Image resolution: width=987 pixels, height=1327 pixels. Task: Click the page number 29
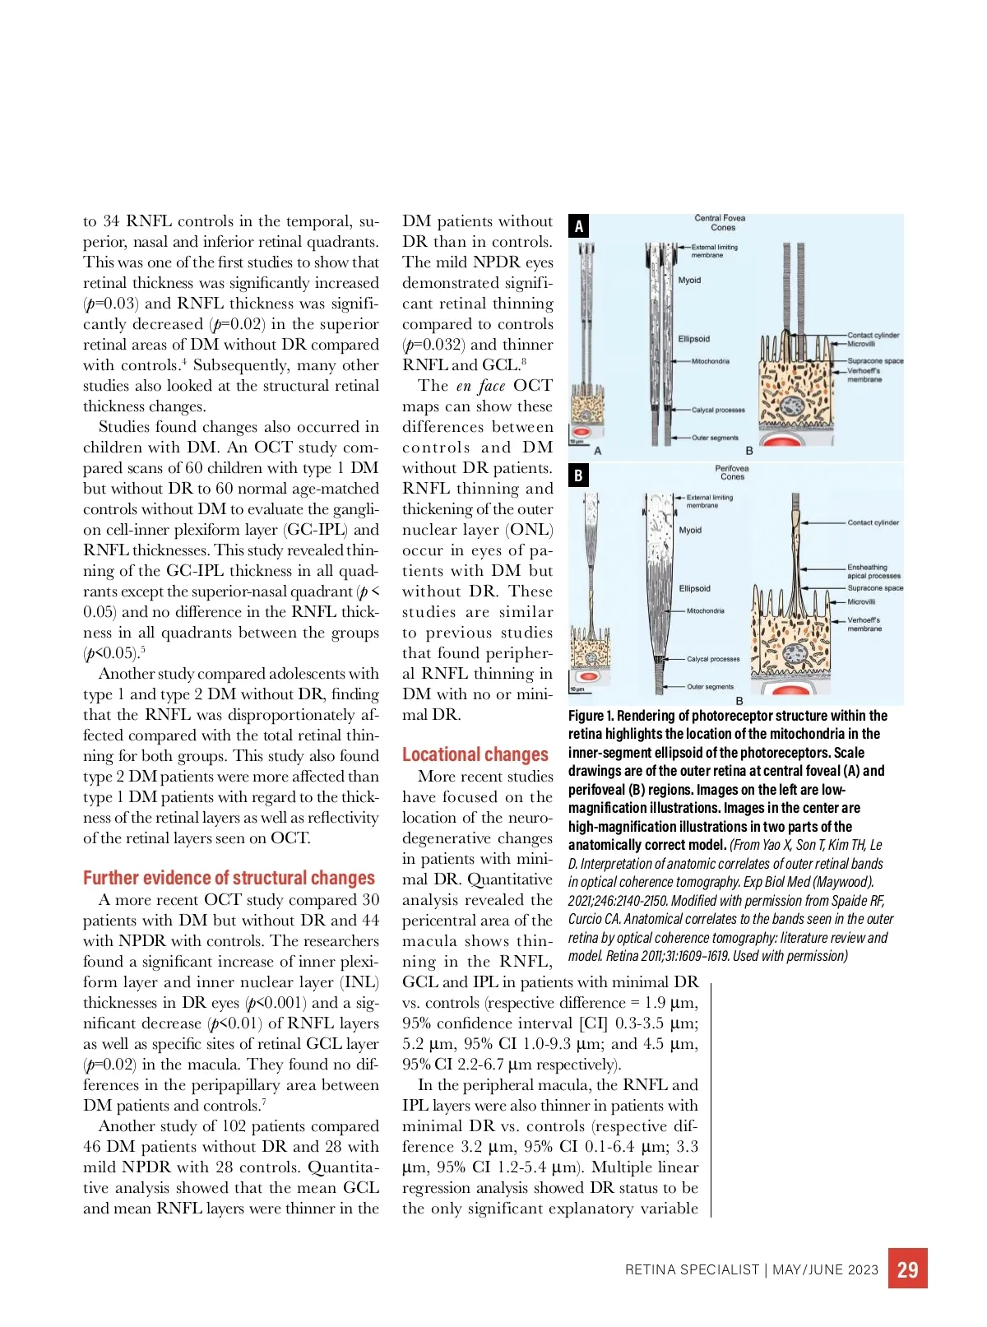pos(907,1269)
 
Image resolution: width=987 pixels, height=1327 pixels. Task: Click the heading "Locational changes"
pos(475,754)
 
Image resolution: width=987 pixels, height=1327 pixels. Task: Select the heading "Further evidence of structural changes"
pos(229,878)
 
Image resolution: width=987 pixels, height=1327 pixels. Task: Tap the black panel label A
pos(579,226)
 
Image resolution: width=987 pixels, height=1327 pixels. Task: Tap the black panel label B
pos(579,476)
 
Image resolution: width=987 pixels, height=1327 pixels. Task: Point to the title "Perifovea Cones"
pos(732,472)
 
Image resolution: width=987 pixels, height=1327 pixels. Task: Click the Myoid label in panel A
pos(689,281)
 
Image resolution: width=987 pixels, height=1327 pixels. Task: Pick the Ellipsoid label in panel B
pos(694,588)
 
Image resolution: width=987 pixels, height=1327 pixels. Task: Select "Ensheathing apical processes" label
pos(873,571)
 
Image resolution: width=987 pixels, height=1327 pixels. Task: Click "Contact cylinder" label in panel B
pos(873,522)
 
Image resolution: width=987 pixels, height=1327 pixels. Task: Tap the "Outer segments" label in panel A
pos(715,438)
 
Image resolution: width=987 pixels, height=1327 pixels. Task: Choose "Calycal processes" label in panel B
pos(712,659)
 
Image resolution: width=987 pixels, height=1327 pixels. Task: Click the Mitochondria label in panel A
pos(710,361)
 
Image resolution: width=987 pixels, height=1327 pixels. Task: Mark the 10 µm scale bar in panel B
pos(578,689)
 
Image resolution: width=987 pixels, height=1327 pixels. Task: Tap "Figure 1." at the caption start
pos(591,716)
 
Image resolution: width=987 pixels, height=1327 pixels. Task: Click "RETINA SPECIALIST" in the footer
pos(692,1269)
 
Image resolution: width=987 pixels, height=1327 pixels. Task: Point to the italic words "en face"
pos(481,386)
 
